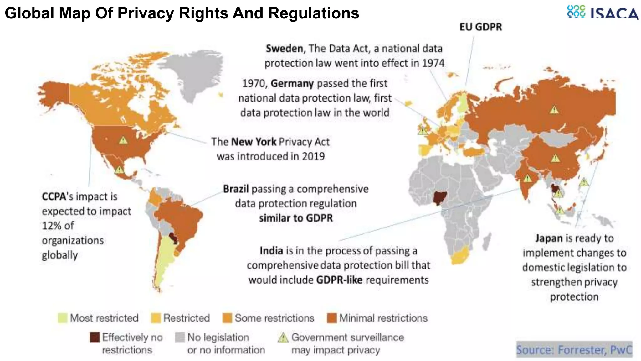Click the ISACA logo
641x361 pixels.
[x=603, y=13]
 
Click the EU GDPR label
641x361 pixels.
[x=480, y=27]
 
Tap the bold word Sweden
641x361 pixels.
[x=284, y=49]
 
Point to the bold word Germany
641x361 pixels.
[x=292, y=83]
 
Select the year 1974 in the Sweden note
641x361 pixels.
[x=433, y=63]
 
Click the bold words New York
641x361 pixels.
[x=254, y=142]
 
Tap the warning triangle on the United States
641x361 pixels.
[x=123, y=140]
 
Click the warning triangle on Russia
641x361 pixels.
[x=554, y=110]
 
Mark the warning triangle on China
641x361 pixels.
[x=555, y=158]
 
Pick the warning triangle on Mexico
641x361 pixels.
[x=119, y=170]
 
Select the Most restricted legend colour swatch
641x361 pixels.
[x=63, y=318]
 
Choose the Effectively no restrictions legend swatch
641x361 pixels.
[x=95, y=337]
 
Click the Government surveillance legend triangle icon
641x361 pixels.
[x=283, y=338]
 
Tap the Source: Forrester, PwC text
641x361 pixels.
[x=574, y=349]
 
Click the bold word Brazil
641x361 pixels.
[x=236, y=189]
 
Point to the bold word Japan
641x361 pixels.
[x=549, y=238]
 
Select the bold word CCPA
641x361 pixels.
[x=54, y=196]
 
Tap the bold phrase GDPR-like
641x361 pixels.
[x=339, y=280]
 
